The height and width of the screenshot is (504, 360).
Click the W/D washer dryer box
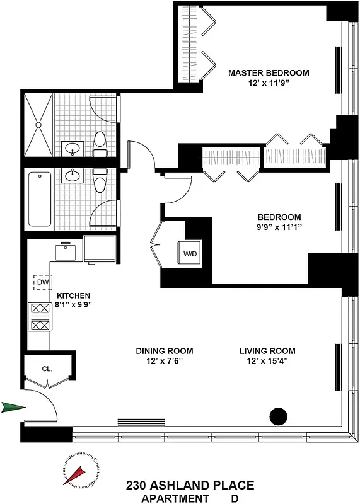click(190, 254)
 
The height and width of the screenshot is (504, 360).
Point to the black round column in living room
click(278, 416)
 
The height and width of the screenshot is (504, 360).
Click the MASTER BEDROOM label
click(269, 73)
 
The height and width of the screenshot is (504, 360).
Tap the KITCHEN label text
click(74, 295)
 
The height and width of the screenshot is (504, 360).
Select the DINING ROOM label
click(165, 351)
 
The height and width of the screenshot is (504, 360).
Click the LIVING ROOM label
click(267, 351)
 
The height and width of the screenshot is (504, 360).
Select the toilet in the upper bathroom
click(100, 144)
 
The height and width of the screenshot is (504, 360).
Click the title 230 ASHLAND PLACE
click(190, 485)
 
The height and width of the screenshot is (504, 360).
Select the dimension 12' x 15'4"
click(267, 362)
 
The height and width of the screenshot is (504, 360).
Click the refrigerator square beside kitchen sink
click(100, 250)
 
